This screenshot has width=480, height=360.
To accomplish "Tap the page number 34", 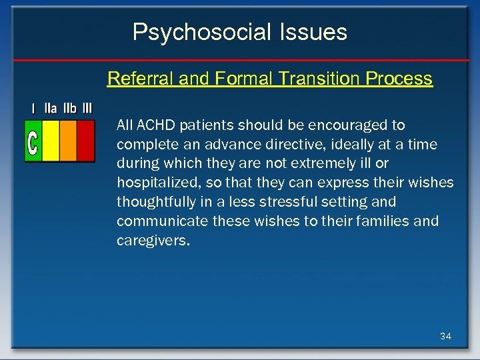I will point(445,336).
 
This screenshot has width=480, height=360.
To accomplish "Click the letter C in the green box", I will point(33,141).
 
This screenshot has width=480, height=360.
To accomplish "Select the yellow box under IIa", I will point(51,141).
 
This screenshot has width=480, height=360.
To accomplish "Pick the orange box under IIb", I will point(68,141).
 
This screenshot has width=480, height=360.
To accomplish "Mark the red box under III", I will point(86,141).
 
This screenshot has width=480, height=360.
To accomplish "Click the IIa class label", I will point(51,108).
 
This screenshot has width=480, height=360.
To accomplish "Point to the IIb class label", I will point(69,108).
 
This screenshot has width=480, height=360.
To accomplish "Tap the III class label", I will point(87,108).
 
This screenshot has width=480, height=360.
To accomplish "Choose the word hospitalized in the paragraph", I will point(154,183).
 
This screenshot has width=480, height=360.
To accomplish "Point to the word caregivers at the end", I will point(153,240).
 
